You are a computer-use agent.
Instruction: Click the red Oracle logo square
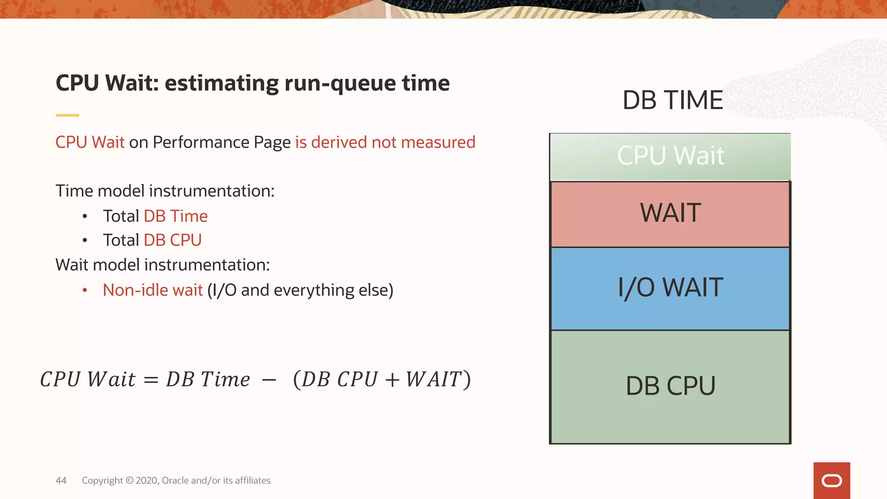831,480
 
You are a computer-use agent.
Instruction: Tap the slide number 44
61,480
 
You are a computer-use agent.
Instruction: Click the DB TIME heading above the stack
672,100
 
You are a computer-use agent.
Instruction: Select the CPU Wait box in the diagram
670,157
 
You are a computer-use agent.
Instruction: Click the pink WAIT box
670,214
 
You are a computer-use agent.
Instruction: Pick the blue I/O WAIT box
670,288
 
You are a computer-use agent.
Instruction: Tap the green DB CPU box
670,386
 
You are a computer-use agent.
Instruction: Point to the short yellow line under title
67,115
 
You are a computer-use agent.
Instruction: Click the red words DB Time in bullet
175,216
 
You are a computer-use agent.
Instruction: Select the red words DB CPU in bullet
172,240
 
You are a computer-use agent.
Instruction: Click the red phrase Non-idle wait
152,290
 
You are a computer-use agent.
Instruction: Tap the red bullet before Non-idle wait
85,290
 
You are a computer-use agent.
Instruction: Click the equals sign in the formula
151,380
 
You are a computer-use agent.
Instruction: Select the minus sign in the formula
269,380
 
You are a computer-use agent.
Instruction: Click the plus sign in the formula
392,380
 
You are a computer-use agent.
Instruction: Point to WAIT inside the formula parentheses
433,379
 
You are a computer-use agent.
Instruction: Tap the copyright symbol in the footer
129,480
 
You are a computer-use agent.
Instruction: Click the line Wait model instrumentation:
162,265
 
